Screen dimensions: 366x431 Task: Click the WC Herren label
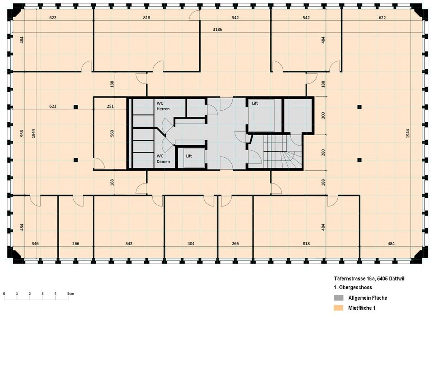click(x=163, y=106)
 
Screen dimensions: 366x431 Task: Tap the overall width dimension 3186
click(x=217, y=29)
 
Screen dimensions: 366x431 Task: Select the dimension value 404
click(x=191, y=244)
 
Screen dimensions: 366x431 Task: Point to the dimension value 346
click(x=35, y=244)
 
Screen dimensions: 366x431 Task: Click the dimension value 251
click(x=110, y=106)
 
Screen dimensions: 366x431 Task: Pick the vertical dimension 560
click(x=112, y=133)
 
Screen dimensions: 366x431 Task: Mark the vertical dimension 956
click(x=22, y=133)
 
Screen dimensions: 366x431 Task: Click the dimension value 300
click(x=323, y=115)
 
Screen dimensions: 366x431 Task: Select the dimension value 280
click(x=323, y=152)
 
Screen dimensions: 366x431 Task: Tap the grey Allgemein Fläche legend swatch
click(x=339, y=298)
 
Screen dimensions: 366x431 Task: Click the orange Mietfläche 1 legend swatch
click(x=339, y=308)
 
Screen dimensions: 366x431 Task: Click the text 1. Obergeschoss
click(x=352, y=287)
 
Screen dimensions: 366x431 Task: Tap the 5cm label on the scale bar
click(x=70, y=294)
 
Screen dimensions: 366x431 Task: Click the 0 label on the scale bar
click(x=4, y=294)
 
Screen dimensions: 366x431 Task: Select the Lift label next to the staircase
click(x=255, y=103)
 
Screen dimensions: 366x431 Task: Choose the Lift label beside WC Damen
click(x=189, y=156)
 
